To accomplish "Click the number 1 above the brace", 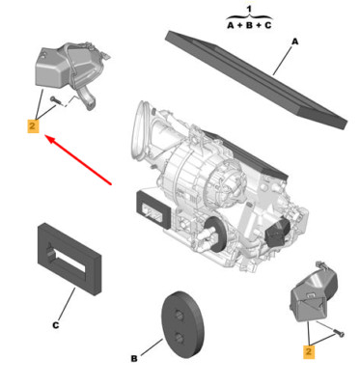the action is tap(248, 10).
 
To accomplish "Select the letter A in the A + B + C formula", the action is tap(231, 25).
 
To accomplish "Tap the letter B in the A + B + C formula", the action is tap(249, 25).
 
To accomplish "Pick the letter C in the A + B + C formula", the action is tap(267, 25).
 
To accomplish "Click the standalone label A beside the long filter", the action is tap(295, 41).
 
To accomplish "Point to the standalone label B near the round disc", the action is tap(134, 358).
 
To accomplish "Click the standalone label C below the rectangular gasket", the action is tap(56, 325).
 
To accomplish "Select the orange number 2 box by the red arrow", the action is tap(33, 125).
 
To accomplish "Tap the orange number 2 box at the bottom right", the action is tap(309, 351).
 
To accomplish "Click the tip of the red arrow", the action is tap(44, 136).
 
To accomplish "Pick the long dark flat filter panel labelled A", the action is tap(256, 79).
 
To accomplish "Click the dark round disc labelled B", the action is tap(182, 325).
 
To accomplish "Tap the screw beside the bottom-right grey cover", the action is tap(339, 333).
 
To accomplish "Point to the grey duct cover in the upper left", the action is tap(69, 69).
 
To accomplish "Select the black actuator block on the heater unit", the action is tap(278, 231).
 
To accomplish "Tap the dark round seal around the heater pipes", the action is tap(217, 234).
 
